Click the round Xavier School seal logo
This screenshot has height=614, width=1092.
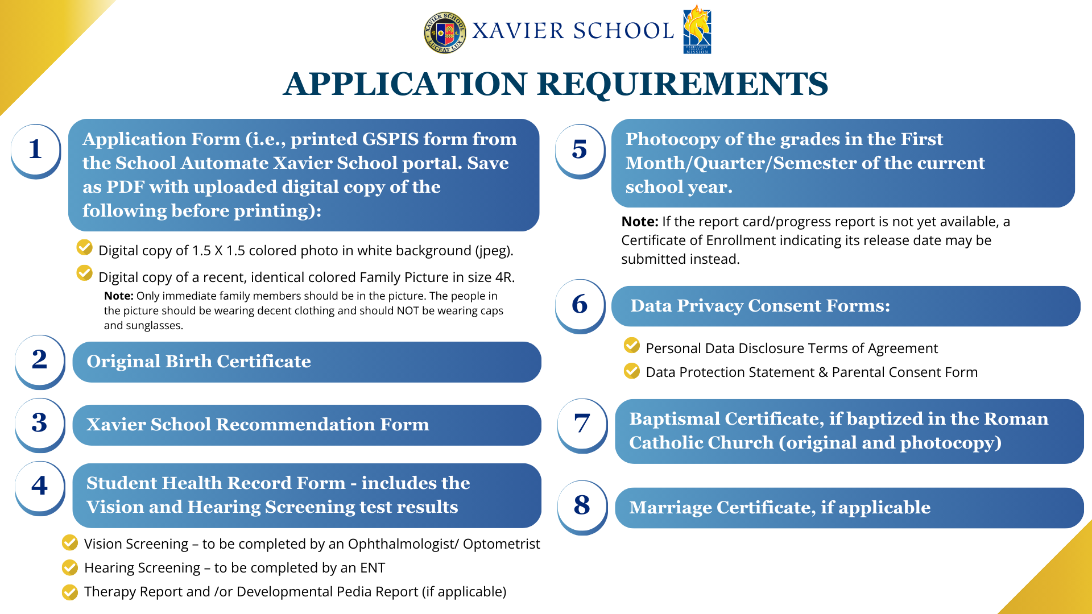[x=445, y=32]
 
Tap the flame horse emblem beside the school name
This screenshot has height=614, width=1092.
[x=697, y=30]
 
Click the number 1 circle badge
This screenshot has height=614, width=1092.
[x=35, y=150]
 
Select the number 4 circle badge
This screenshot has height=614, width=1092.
[x=39, y=486]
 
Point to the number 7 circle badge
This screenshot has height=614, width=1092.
[x=582, y=424]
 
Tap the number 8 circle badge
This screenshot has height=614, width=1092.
[x=582, y=505]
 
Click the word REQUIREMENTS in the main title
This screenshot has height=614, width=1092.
[x=682, y=84]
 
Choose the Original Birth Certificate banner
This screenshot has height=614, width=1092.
[x=307, y=362]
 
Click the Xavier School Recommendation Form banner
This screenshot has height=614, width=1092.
[x=307, y=425]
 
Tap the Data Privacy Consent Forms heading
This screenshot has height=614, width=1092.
[x=760, y=306]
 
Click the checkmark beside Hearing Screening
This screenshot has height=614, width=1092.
[x=70, y=567]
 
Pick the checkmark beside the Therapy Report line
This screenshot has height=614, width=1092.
[x=70, y=592]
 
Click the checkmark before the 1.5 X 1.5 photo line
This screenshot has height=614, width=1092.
[x=84, y=247]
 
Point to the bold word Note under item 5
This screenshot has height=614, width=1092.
[x=639, y=222]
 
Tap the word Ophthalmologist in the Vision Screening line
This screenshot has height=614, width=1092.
[x=398, y=544]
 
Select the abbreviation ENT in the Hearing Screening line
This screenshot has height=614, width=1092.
[x=373, y=568]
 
